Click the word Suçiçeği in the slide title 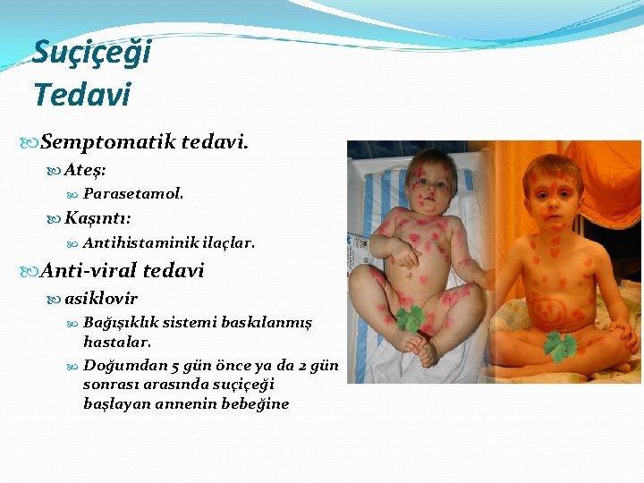coord(91,53)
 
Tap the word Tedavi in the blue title coord(81,93)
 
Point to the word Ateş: coord(86,168)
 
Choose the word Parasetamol coord(133,193)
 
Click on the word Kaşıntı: coord(98,217)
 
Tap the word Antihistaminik coord(140,242)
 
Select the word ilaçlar coord(228,242)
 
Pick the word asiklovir coord(101,299)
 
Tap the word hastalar coord(117,342)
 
